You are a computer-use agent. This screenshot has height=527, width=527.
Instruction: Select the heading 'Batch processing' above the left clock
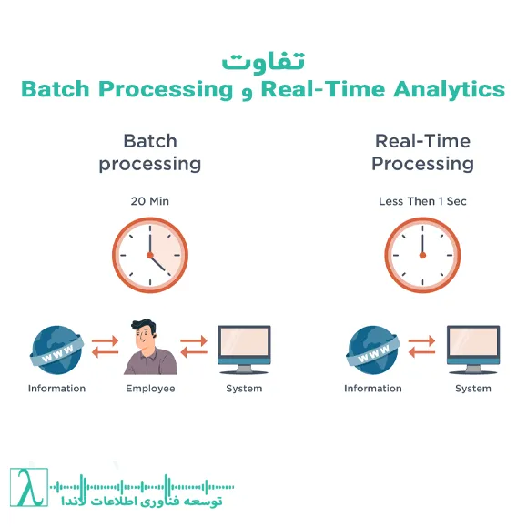tap(150, 153)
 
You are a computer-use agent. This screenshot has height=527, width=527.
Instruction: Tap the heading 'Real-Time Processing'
tap(422, 153)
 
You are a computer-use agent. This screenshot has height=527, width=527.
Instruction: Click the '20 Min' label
tap(150, 200)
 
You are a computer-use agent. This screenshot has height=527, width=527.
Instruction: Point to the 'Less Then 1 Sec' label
tap(422, 200)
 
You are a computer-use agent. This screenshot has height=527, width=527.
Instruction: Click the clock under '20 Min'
tap(150, 255)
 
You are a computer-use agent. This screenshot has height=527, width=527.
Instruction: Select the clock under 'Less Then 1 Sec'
tap(422, 255)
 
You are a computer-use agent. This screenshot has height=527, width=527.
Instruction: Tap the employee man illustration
tap(150, 348)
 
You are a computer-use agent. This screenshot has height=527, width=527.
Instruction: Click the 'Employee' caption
tap(150, 389)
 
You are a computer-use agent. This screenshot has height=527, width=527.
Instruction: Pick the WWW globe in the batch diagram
tap(57, 351)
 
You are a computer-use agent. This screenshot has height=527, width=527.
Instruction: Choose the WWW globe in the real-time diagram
tap(373, 351)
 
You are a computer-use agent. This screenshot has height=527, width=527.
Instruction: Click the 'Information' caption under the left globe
tap(57, 389)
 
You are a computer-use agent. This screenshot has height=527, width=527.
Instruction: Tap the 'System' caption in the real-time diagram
tap(473, 389)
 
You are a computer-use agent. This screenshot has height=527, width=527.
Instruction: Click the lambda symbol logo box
tap(26, 489)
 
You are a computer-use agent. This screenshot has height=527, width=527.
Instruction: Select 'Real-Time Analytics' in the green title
tap(382, 89)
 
